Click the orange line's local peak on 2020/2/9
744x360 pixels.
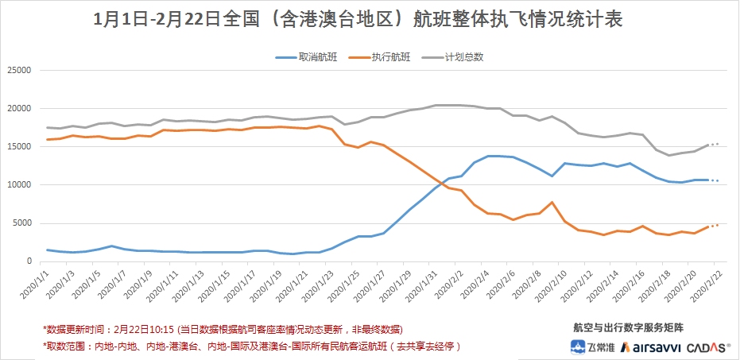tap(552, 203)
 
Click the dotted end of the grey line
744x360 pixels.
tap(715, 145)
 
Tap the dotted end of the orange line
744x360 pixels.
tap(715, 226)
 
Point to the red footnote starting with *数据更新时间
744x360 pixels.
tap(223, 328)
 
